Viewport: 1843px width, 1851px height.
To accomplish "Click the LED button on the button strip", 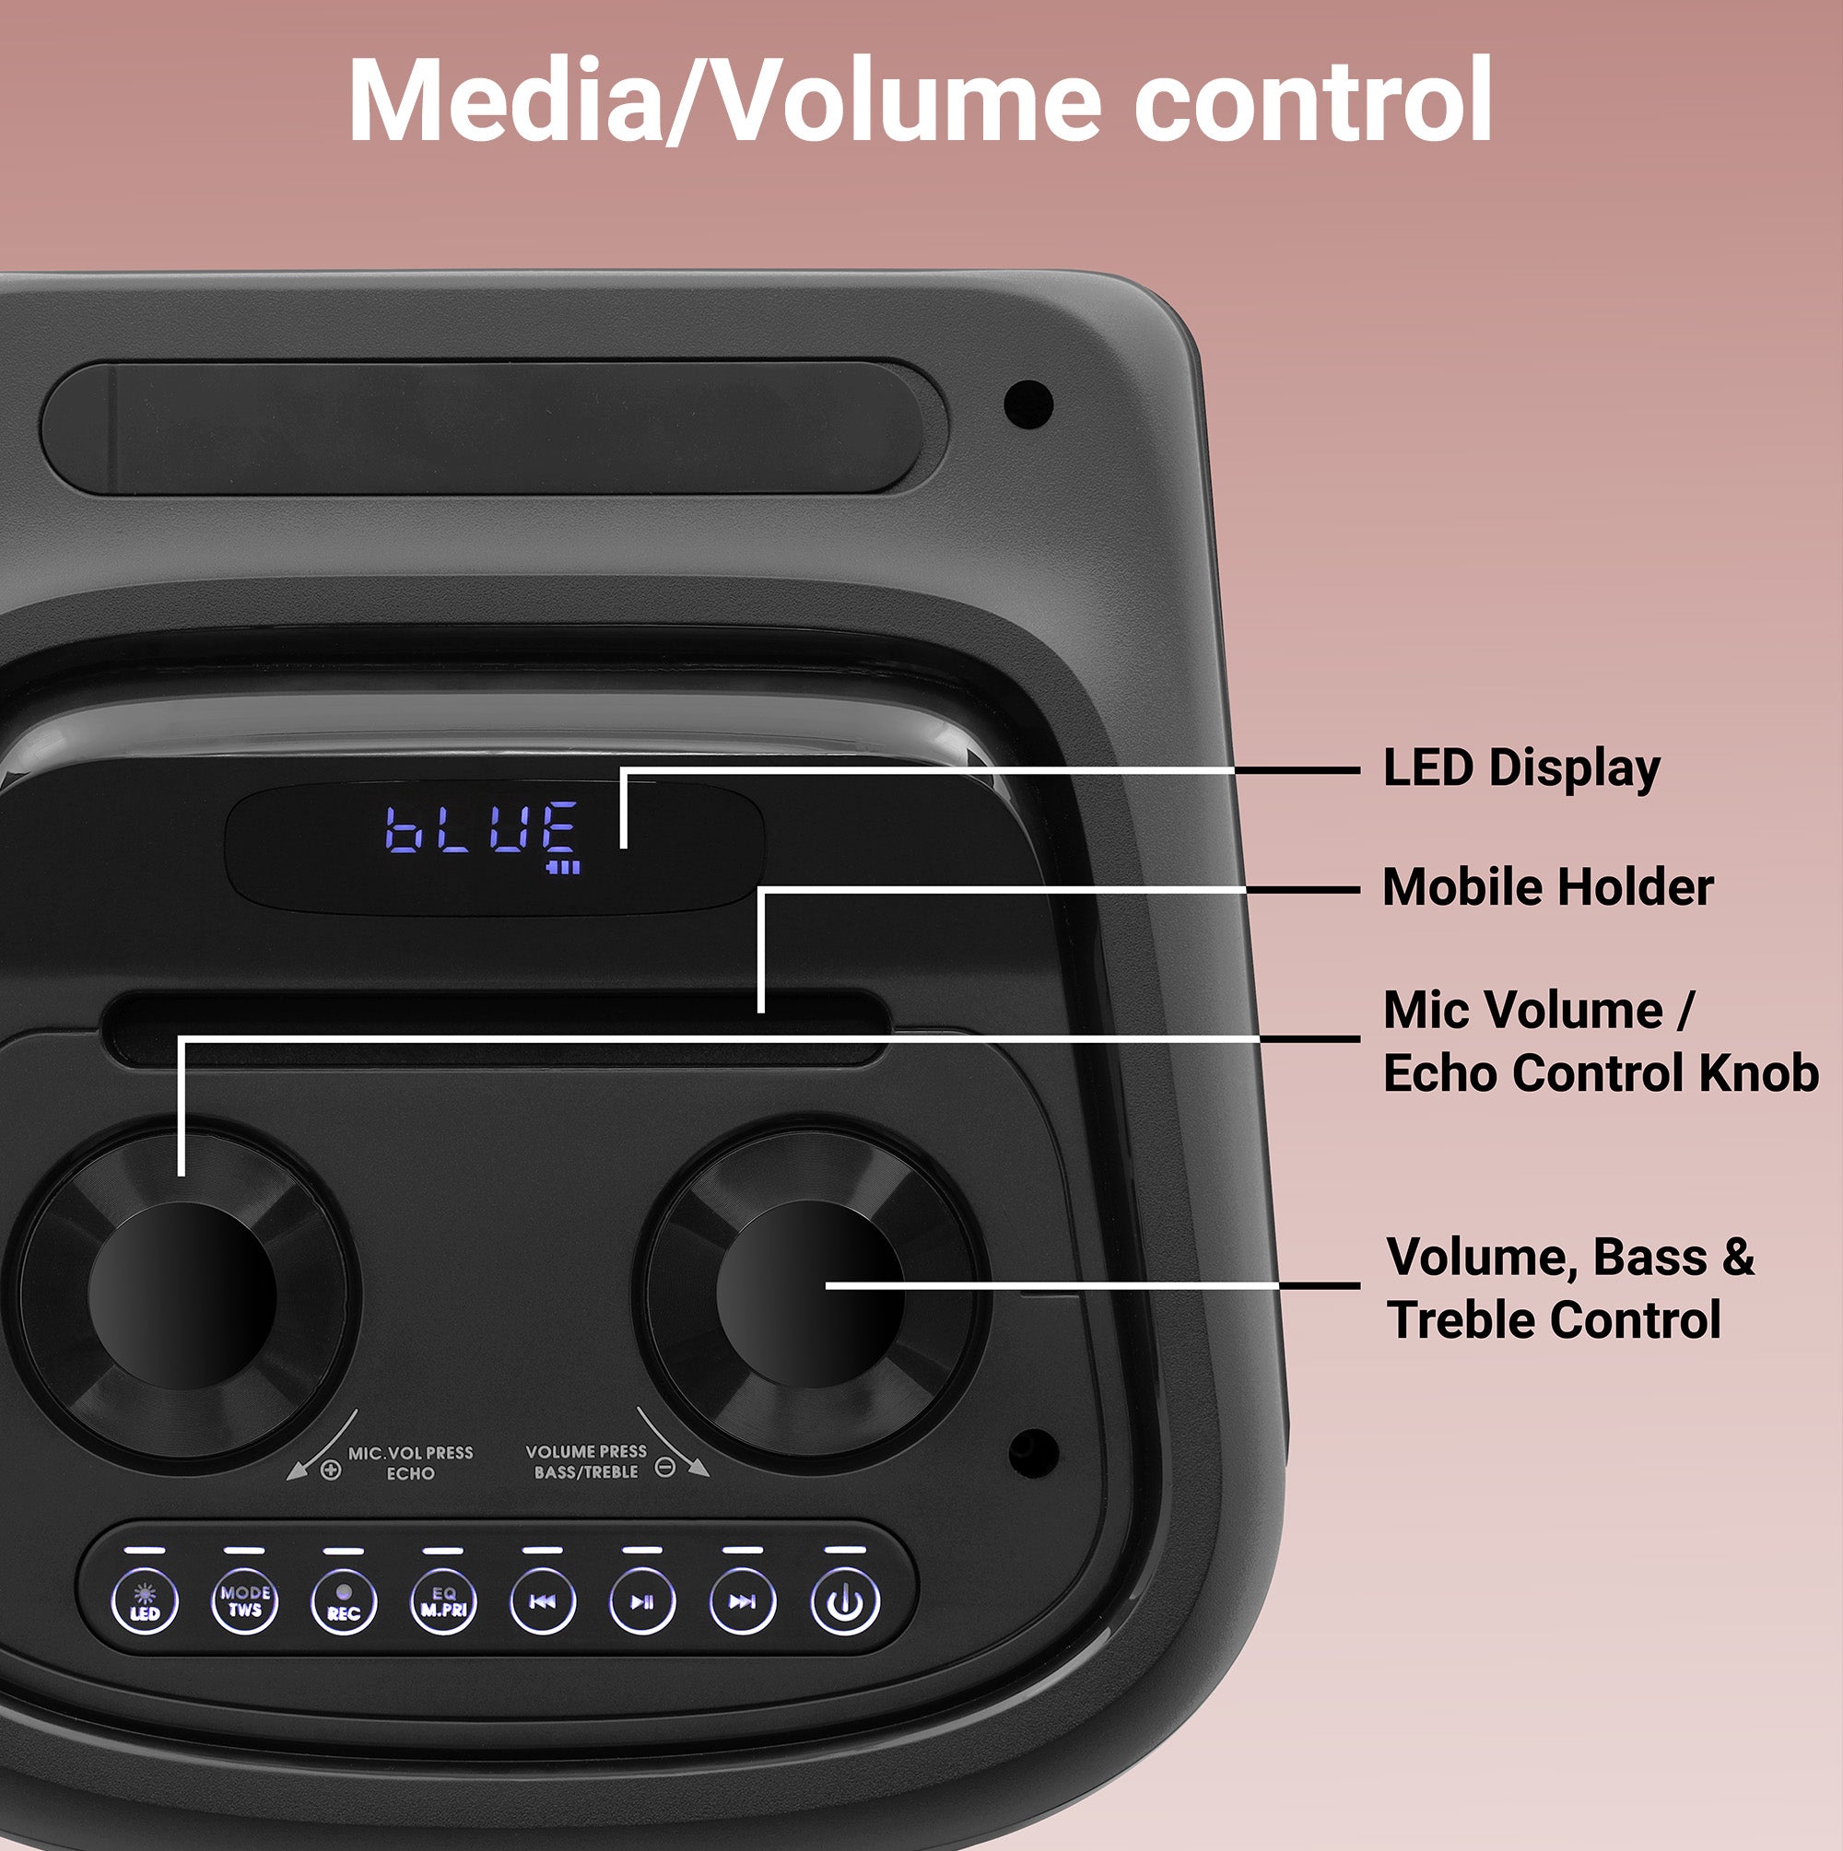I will (x=145, y=1602).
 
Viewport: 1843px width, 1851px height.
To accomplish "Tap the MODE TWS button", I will (x=244, y=1602).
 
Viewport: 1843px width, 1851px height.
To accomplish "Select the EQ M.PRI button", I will (x=442, y=1602).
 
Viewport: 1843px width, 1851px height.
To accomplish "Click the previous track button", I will (x=543, y=1602).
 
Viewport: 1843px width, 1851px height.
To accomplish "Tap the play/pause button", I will (x=642, y=1602).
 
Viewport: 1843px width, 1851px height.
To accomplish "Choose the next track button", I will (x=743, y=1602).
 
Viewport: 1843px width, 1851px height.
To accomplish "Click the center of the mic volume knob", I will (x=182, y=1295).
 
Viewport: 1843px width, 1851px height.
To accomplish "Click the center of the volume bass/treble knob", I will (x=810, y=1294).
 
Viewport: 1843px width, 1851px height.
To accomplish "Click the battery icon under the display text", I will (x=564, y=867).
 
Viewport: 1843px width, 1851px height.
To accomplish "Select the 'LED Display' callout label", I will (x=1521, y=768).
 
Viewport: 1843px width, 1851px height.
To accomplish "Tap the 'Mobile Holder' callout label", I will (x=1547, y=887).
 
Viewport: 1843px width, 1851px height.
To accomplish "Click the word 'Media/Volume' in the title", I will (x=723, y=100).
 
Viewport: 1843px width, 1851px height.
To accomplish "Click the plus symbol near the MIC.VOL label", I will (x=331, y=1470).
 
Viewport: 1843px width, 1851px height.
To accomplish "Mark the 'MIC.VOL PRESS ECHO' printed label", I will (x=410, y=1463).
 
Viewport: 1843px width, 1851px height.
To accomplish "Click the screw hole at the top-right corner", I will (x=1028, y=404).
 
